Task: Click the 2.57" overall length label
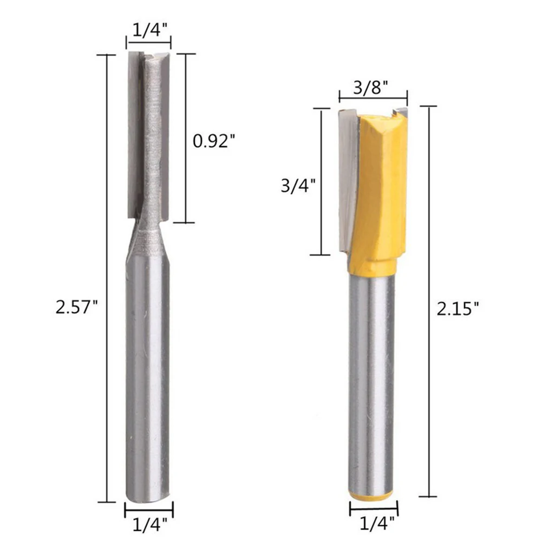click(77, 307)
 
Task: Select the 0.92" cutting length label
click(214, 141)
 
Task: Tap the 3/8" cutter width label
click(370, 88)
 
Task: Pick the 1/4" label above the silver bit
click(151, 31)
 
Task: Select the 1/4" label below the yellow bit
click(377, 524)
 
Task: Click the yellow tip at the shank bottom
click(371, 496)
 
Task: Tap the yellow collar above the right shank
click(373, 266)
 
